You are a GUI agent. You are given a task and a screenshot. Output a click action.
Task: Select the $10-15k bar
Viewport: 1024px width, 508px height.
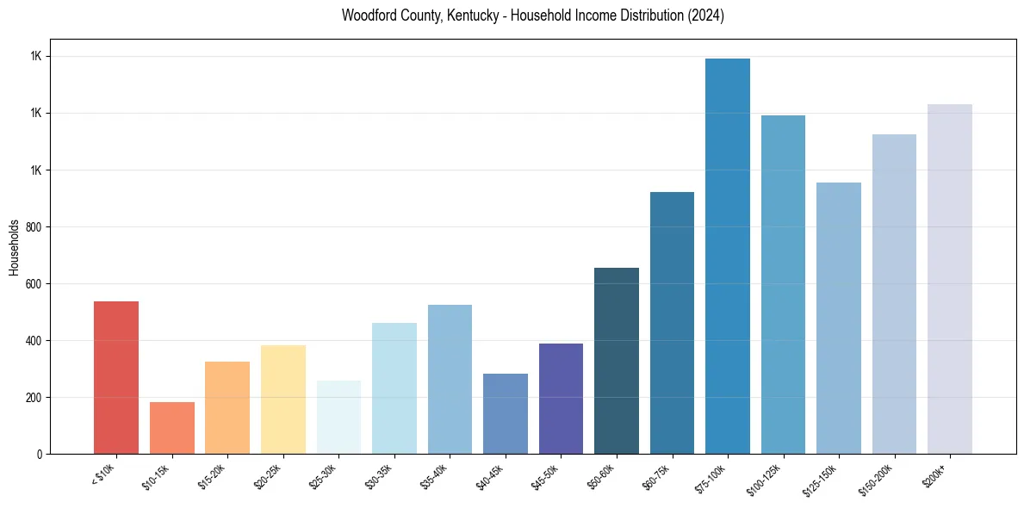coord(171,427)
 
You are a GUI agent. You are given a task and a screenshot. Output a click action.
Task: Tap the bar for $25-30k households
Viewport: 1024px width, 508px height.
coord(338,417)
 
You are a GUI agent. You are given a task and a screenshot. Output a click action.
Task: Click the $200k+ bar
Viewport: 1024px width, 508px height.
coord(950,279)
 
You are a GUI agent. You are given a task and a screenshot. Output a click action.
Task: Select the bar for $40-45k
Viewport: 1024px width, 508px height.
coord(506,413)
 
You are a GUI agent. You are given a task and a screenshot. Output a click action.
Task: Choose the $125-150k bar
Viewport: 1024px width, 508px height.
coord(839,318)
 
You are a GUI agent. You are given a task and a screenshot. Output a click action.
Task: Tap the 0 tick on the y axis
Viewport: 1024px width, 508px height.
coord(40,455)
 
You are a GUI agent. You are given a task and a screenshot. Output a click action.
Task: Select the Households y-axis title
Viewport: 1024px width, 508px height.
coord(15,246)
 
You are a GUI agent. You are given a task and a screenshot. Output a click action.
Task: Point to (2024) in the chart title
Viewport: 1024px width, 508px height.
coord(704,15)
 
